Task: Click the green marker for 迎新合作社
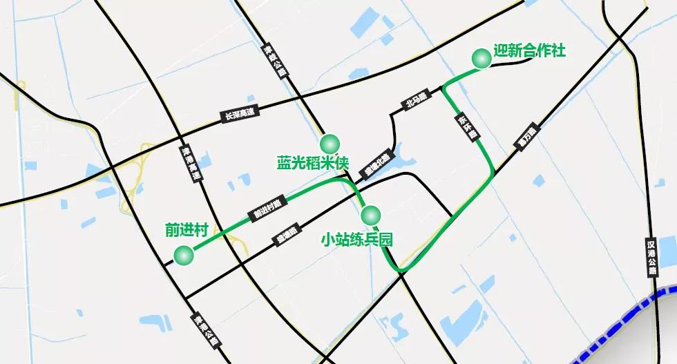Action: coord(481,59)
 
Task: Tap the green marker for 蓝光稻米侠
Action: coord(330,144)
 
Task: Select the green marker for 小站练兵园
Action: coord(370,213)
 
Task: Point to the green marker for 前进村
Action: coord(184,256)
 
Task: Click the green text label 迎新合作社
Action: coord(530,51)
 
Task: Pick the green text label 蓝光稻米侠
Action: coord(313,164)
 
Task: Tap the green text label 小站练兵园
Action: coord(357,240)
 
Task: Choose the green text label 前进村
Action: coord(187,230)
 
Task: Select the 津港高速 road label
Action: coord(191,164)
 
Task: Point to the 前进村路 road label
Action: coord(267,208)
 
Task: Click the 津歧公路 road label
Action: coord(274,62)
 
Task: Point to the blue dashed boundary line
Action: coord(622,319)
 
